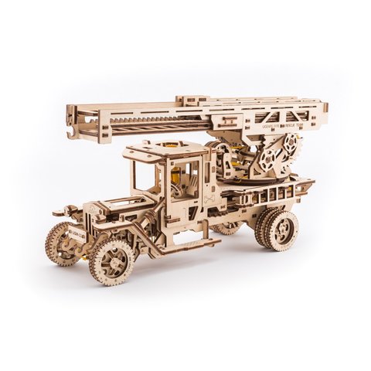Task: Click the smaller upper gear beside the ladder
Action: click(x=291, y=145)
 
